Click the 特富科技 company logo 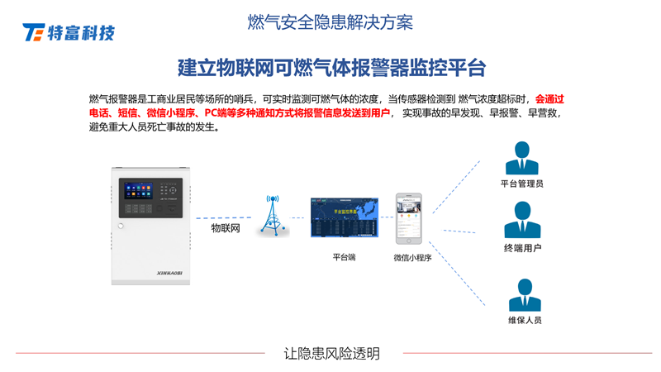click(69, 32)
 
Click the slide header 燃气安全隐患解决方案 click(330, 22)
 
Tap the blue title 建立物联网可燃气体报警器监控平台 click(330, 67)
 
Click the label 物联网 click(225, 228)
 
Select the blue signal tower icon click(273, 216)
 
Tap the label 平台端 click(344, 258)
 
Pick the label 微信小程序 click(412, 258)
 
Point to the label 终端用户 click(522, 248)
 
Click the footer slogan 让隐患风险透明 click(331, 353)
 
